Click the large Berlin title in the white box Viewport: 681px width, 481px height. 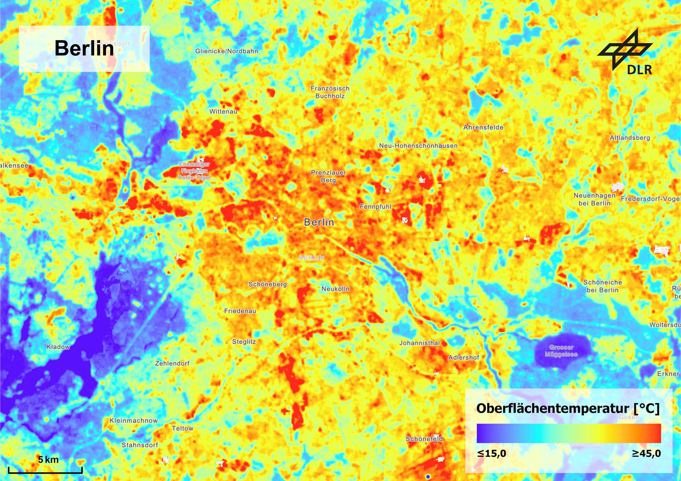[84, 48]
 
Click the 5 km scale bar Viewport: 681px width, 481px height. [45, 470]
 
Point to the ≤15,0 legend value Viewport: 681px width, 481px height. [492, 453]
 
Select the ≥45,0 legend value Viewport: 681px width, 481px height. [646, 453]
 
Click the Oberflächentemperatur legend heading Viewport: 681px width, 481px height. [567, 408]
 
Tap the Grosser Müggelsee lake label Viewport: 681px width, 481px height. [561, 351]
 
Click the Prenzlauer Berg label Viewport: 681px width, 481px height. [328, 176]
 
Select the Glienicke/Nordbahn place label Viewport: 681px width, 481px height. [227, 51]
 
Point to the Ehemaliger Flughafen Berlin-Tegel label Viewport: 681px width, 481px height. [194, 171]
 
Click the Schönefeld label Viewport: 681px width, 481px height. [424, 439]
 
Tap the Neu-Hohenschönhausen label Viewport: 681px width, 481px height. [418, 146]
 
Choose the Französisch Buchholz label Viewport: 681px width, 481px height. [330, 92]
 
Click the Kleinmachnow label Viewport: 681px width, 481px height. [133, 420]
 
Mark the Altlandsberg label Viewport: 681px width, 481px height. [630, 138]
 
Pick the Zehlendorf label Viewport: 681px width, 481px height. [172, 363]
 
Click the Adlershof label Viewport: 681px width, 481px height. [464, 357]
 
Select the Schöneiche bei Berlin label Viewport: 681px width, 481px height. [602, 286]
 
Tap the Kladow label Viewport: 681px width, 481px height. [58, 347]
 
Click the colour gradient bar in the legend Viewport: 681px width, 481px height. [569, 433]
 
